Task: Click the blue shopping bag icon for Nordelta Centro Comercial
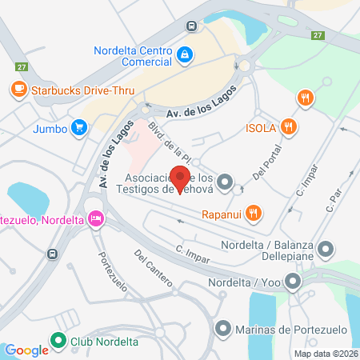pyautogui.click(x=185, y=54)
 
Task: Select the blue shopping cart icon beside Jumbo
pyautogui.click(x=78, y=126)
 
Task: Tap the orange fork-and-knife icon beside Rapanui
pyautogui.click(x=254, y=212)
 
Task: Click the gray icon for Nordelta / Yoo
pyautogui.click(x=294, y=281)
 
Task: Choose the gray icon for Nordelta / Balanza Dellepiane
pyautogui.click(x=325, y=250)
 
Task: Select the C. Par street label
pyautogui.click(x=334, y=195)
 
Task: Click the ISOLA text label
pyautogui.click(x=261, y=126)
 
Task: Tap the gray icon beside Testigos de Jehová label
pyautogui.click(x=225, y=182)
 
